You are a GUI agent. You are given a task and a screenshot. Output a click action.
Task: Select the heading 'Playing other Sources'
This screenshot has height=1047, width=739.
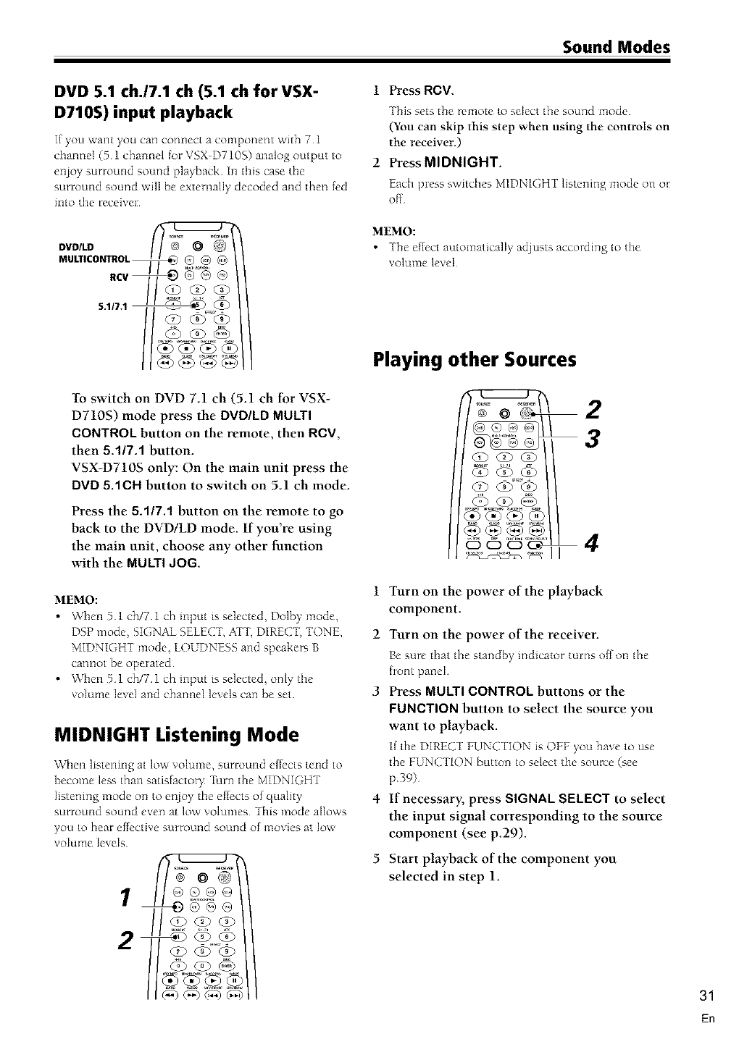(475, 359)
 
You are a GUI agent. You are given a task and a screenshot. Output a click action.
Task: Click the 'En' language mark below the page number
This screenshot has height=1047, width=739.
(709, 1019)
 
